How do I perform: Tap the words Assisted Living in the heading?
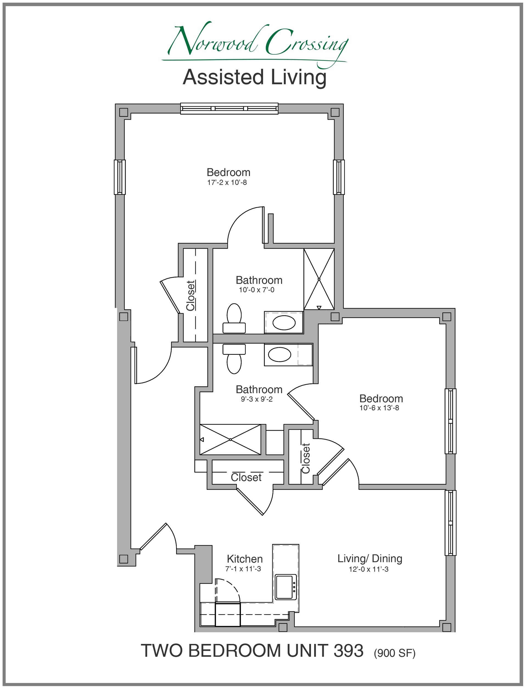255,77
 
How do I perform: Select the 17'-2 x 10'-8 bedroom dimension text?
227,182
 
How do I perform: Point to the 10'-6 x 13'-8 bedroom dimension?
379,408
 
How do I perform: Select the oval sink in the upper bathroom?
284,323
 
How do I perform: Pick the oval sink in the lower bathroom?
279,354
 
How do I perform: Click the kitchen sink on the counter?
285,587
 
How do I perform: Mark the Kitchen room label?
245,559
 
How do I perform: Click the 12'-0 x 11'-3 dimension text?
369,569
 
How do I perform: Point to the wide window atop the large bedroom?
229,108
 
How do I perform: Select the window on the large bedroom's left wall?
119,177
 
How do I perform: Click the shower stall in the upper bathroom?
319,279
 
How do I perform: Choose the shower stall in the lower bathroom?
230,439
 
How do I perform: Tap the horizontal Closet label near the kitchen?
246,477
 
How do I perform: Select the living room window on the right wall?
450,523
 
